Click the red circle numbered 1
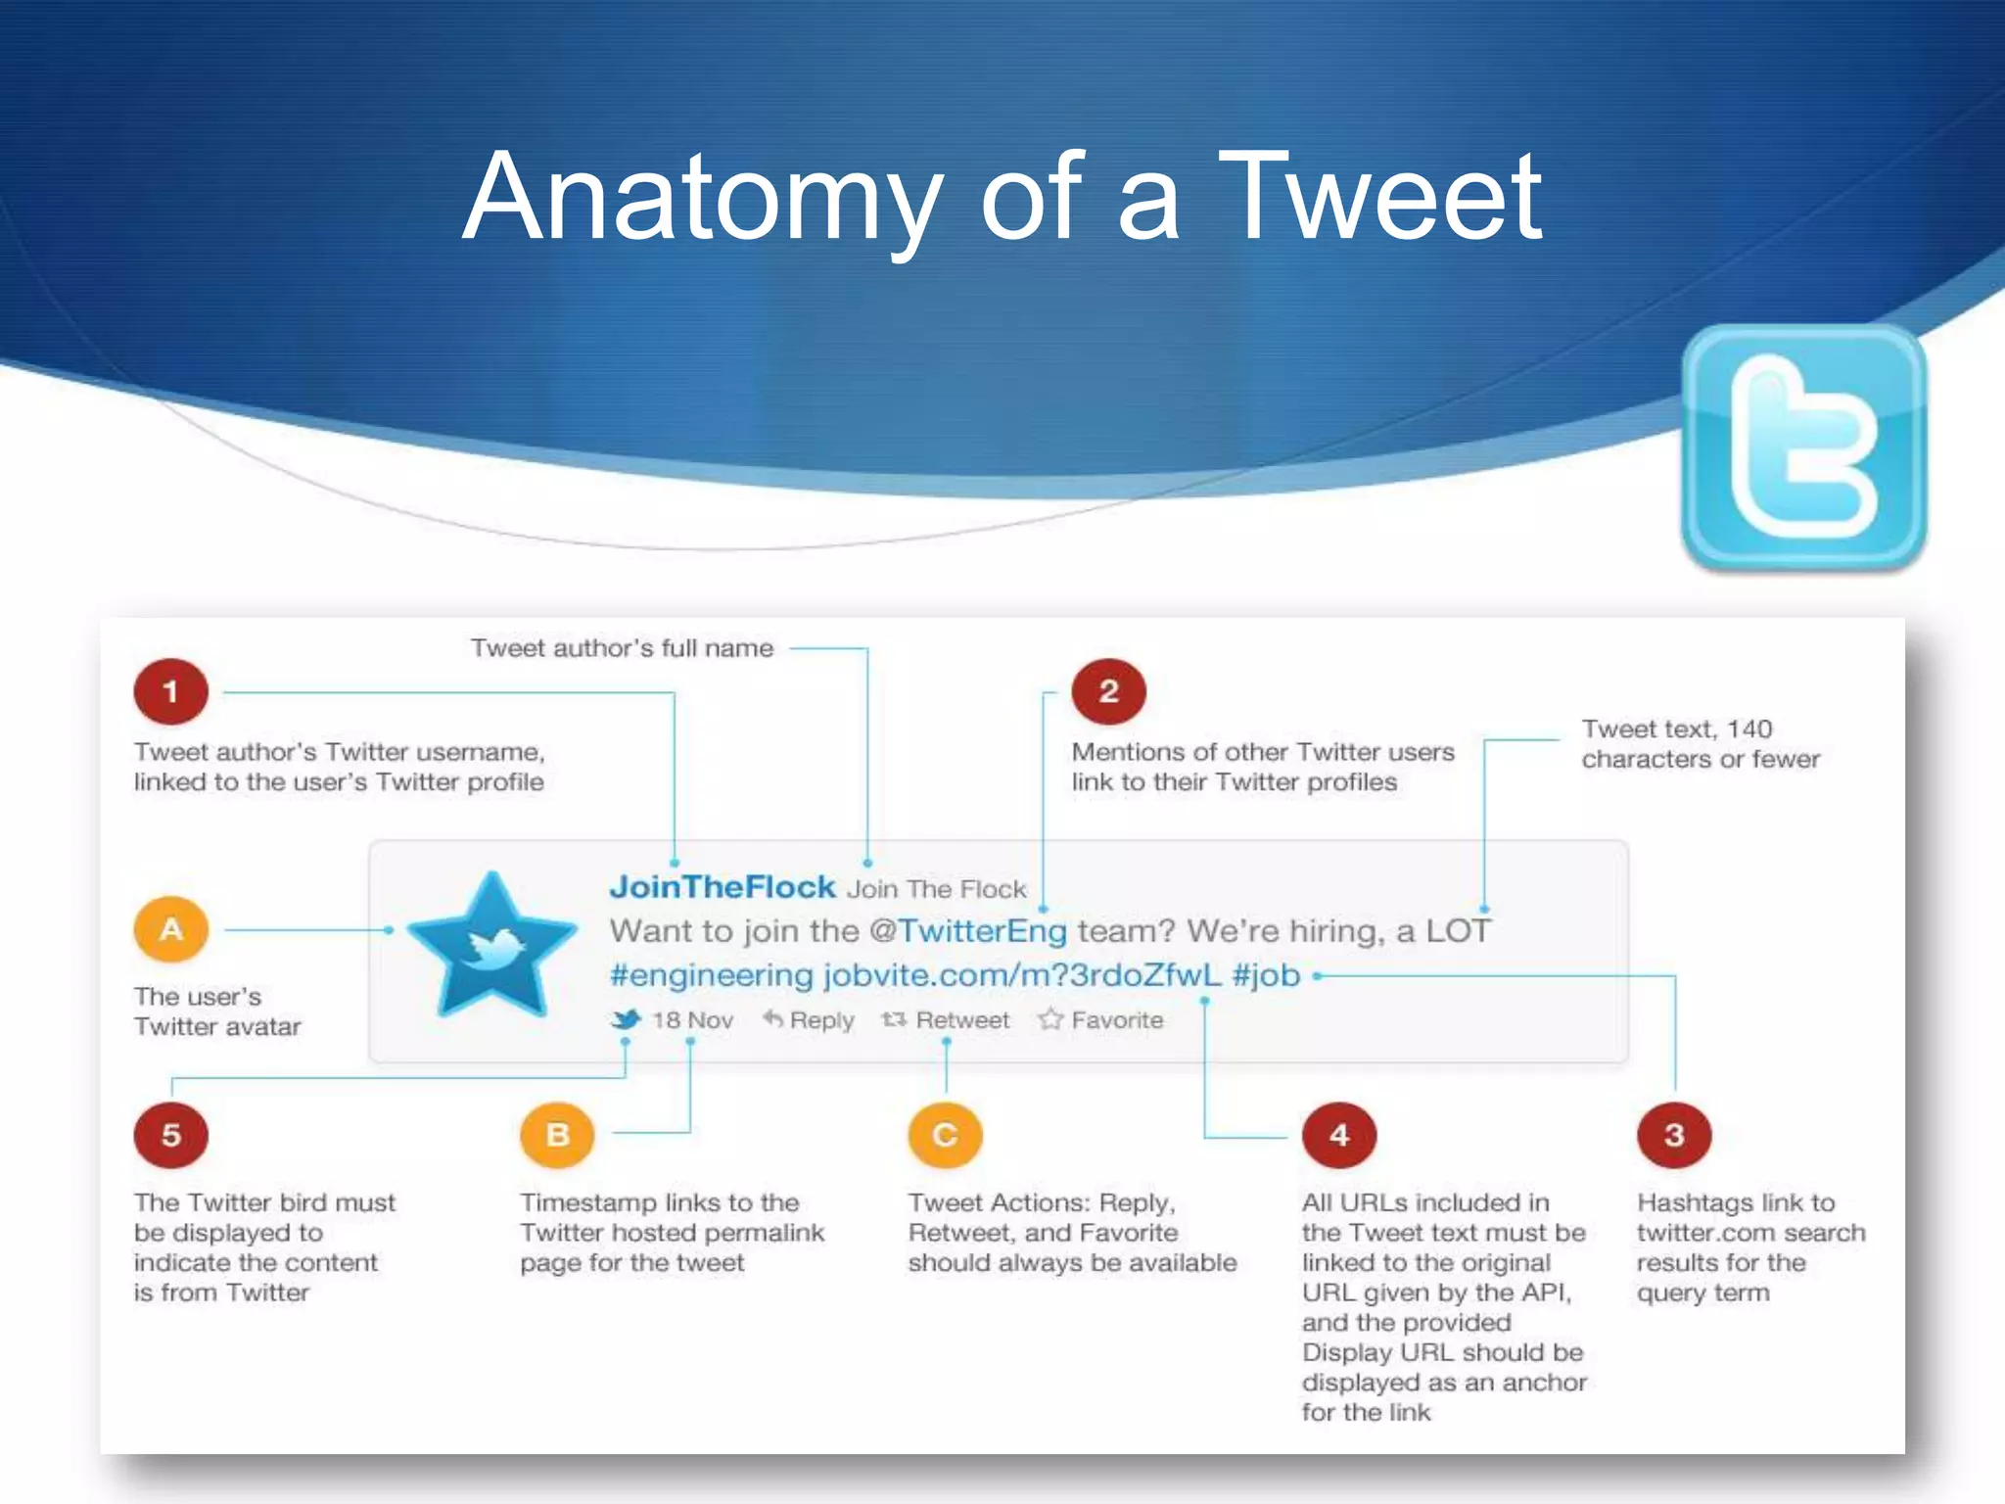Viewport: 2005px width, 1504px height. click(171, 691)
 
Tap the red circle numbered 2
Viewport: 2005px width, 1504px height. click(1108, 691)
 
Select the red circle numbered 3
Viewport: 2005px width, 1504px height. click(1674, 1135)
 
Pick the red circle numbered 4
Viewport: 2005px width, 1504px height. click(1339, 1135)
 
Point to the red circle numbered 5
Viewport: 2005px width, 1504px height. click(171, 1135)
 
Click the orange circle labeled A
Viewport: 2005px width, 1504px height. click(171, 928)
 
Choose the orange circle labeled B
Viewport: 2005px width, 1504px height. click(557, 1135)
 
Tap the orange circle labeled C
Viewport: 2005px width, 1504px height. click(945, 1135)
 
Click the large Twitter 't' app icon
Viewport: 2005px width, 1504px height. click(1803, 447)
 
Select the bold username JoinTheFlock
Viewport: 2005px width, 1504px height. click(723, 887)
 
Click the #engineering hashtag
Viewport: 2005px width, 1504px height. click(711, 976)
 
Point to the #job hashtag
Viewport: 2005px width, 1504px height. click(1266, 975)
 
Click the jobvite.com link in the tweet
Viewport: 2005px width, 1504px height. click(1022, 975)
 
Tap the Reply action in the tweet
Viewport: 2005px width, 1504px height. click(810, 1020)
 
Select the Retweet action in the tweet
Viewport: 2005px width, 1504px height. click(947, 1020)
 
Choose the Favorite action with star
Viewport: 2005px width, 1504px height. click(1102, 1020)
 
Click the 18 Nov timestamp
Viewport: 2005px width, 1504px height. click(692, 1020)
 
